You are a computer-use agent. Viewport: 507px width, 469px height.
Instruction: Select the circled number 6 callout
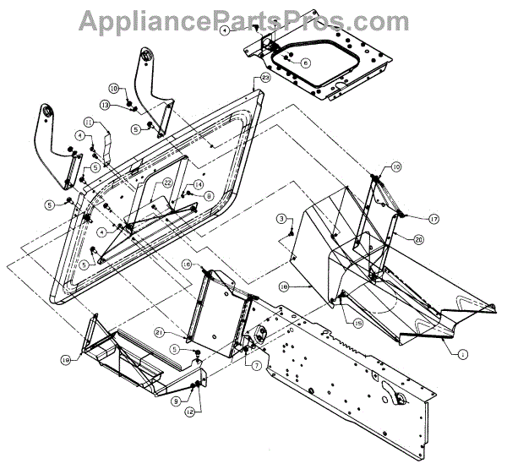click(306, 63)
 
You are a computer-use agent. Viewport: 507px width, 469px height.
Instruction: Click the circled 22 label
click(168, 183)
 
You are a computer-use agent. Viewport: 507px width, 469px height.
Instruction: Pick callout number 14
click(198, 184)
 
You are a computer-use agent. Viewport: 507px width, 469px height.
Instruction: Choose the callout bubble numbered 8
click(209, 196)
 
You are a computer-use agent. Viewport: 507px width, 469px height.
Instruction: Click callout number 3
click(280, 220)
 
